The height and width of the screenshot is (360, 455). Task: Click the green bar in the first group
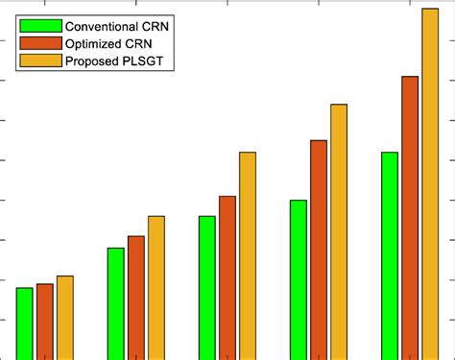tap(25, 323)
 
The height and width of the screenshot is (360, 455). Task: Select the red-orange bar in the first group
tap(45, 321)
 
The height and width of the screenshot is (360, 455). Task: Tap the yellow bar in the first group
tap(65, 317)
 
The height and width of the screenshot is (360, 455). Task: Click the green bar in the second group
tap(116, 302)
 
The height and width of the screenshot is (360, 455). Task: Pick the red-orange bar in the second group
tap(136, 297)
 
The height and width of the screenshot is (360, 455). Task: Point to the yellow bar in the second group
tap(156, 287)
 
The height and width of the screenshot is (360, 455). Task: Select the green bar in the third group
tap(207, 287)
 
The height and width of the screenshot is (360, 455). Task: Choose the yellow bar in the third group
tap(248, 255)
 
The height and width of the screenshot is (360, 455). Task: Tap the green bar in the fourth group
tap(299, 278)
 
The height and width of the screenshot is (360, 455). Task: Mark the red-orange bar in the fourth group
tap(319, 249)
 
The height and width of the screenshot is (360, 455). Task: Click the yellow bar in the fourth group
tap(339, 230)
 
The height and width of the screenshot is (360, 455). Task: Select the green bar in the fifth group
tap(390, 254)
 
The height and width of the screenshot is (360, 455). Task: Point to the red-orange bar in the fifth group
tap(410, 217)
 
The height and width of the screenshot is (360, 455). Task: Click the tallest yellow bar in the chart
tap(430, 183)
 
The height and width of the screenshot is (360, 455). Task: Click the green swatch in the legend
tap(39, 25)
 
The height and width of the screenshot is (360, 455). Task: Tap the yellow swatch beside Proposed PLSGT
tap(39, 62)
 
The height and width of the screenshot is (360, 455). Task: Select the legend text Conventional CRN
tap(114, 25)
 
